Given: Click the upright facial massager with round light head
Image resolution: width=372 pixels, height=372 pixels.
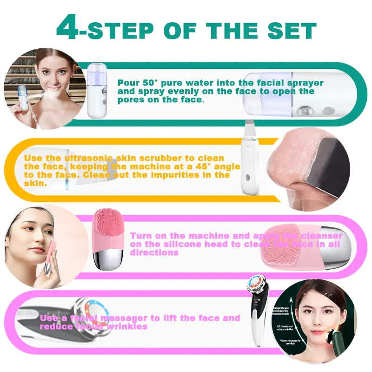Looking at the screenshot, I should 257,312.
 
